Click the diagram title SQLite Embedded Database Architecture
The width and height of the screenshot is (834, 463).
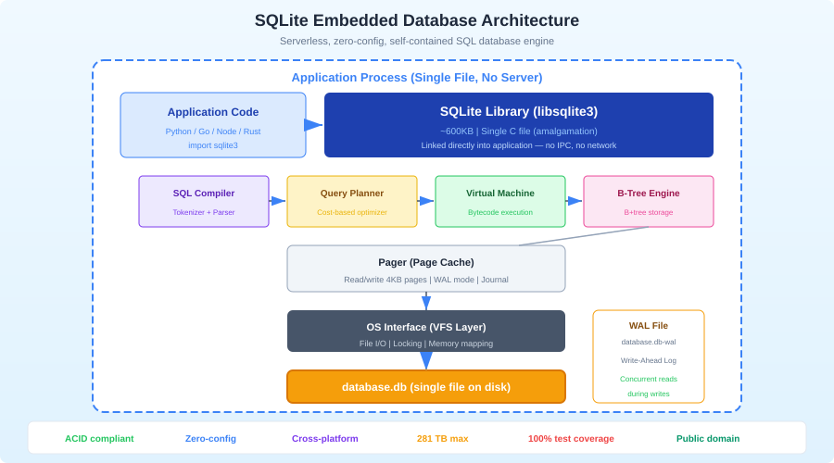coord(417,20)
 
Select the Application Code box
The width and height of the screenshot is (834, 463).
coord(213,125)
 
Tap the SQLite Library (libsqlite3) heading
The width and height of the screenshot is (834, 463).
coord(518,111)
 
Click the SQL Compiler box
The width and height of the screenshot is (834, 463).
coord(204,201)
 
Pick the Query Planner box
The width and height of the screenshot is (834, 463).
coord(352,201)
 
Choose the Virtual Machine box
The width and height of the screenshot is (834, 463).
coord(500,201)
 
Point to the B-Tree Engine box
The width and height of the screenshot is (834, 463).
coord(649,201)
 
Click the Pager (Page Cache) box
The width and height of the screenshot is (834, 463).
coord(426,269)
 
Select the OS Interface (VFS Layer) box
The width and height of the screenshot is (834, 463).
coord(426,331)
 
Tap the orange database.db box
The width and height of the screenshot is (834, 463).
coord(426,386)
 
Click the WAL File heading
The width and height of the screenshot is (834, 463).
coord(649,325)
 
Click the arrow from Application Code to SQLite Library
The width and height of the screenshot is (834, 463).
coord(314,125)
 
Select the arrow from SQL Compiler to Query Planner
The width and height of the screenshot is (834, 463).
coord(278,201)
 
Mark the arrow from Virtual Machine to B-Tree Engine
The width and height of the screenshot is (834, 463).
coord(575,201)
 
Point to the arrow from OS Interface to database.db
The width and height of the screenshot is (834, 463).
coord(426,360)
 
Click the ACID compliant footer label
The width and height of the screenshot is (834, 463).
coord(99,438)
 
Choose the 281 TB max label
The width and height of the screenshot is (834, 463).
coord(442,438)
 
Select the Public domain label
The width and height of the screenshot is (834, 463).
coord(708,438)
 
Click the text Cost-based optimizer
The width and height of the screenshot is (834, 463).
coord(352,212)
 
